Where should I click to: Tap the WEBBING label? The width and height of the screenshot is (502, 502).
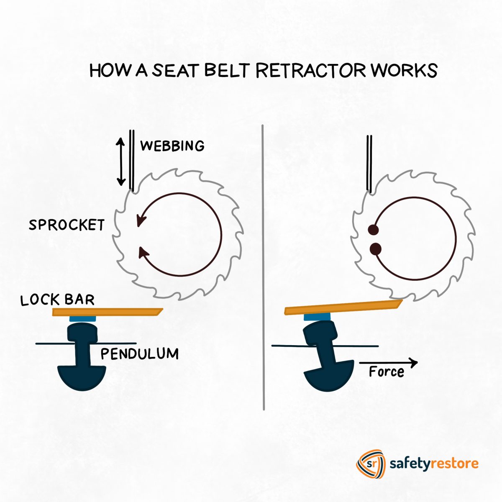click(x=172, y=146)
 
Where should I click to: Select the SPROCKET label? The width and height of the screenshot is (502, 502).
click(x=67, y=225)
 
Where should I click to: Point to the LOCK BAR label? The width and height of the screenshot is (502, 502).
click(x=58, y=300)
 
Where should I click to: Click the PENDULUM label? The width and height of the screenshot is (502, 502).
click(x=140, y=354)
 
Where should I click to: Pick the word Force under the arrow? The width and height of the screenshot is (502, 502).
click(x=387, y=371)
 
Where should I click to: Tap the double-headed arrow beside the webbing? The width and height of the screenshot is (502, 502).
click(x=121, y=162)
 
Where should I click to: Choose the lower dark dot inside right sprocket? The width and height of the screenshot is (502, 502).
click(x=376, y=249)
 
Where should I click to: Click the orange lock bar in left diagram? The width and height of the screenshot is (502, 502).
click(x=107, y=312)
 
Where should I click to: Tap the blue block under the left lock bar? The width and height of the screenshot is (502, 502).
click(x=83, y=319)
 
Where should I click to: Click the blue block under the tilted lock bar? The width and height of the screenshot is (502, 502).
click(x=317, y=317)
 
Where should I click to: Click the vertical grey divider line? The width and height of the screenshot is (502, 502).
click(x=264, y=268)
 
